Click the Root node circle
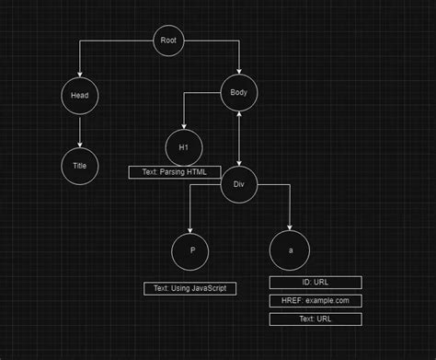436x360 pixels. pyautogui.click(x=167, y=41)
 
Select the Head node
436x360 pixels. pyautogui.click(x=79, y=93)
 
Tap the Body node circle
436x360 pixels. pyautogui.click(x=239, y=92)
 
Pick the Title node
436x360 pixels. pyautogui.click(x=79, y=166)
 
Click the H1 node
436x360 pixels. pyautogui.click(x=183, y=147)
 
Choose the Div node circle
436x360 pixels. pyautogui.click(x=238, y=185)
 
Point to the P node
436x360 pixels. pyautogui.click(x=190, y=250)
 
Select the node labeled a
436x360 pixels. pyautogui.click(x=290, y=250)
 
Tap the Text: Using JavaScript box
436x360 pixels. pyautogui.click(x=190, y=289)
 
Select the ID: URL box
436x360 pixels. pyautogui.click(x=316, y=283)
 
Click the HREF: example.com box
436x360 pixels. pyautogui.click(x=316, y=301)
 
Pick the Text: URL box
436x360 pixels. pyautogui.click(x=316, y=319)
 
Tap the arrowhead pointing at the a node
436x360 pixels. pyautogui.click(x=290, y=228)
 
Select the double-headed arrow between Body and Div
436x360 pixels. pyautogui.click(x=239, y=138)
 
